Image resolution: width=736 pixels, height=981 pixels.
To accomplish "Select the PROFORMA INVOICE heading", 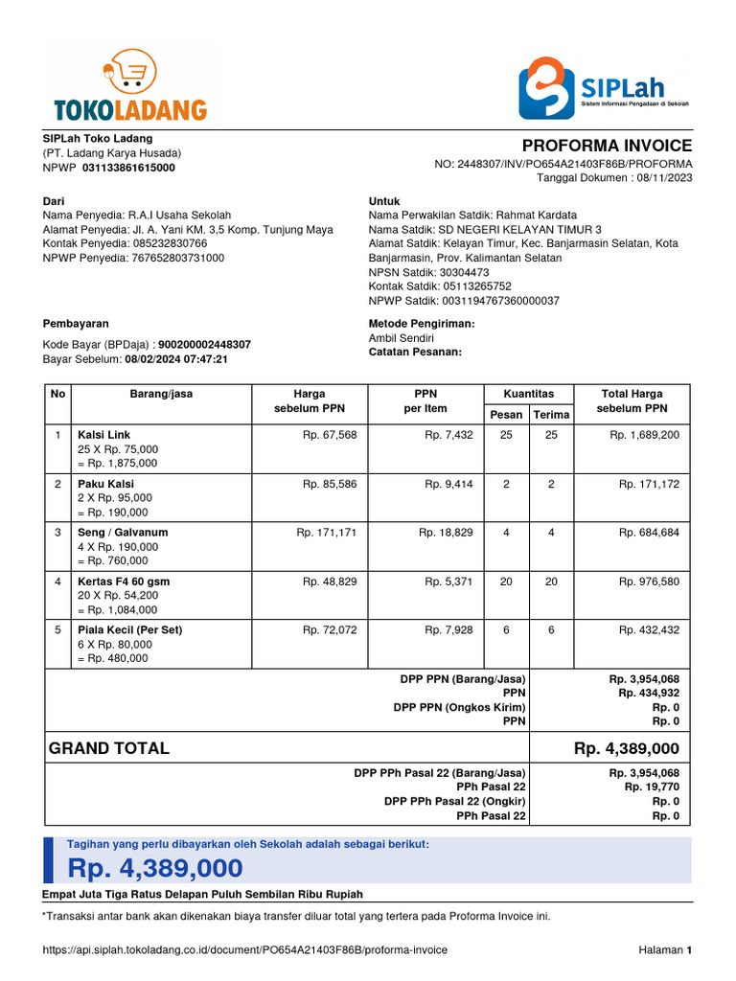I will pos(607,146).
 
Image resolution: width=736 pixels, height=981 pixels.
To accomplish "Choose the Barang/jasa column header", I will pos(161,394).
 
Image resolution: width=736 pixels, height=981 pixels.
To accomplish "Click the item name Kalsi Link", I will pos(103,435).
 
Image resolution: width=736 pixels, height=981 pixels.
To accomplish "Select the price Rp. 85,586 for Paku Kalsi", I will pos(329,485).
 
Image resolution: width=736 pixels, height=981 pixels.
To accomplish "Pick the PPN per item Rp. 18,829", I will pos(446,533).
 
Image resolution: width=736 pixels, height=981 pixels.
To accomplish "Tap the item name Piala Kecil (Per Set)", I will pos(129,630).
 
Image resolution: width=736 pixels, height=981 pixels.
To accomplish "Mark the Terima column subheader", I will pos(551,414).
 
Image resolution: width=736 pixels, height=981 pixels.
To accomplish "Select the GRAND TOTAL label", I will pos(108,748).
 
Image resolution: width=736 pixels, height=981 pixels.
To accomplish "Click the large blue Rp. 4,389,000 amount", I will pos(154,868).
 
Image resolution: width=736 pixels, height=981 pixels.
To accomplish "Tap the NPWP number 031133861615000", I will pos(128,168).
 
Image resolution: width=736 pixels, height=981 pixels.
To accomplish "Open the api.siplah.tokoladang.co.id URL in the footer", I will pos(244,950).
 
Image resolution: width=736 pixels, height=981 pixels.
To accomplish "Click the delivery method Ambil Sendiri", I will pos(401,338).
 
